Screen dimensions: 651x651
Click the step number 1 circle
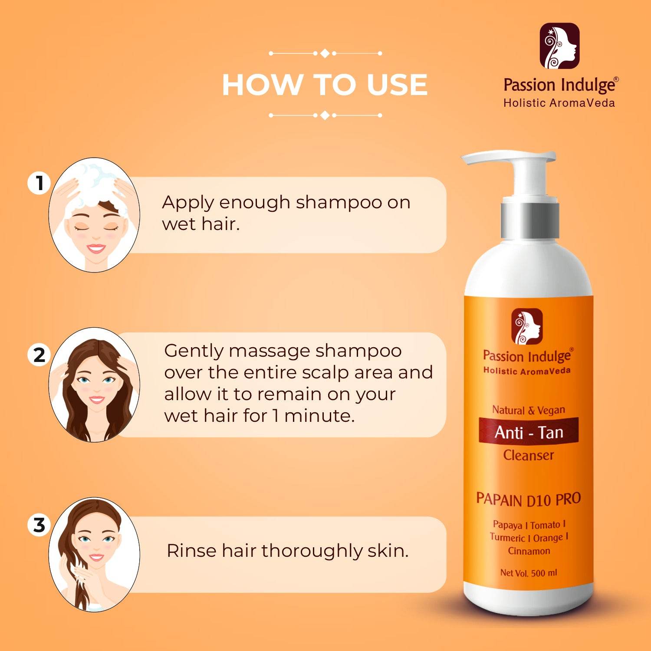39,183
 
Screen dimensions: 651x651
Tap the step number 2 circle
39,355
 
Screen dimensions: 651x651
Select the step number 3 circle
39,525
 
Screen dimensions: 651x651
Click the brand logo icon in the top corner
559,46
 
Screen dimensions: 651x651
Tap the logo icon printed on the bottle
527,326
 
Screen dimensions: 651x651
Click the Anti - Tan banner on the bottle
529,432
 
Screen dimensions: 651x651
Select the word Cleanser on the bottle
529,455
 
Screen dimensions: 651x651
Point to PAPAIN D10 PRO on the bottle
529,499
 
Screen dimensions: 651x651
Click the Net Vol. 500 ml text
529,573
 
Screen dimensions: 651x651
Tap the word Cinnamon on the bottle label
529,551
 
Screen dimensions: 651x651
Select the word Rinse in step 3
191,551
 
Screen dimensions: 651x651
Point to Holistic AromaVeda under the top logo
559,103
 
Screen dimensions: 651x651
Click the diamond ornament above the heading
325,53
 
